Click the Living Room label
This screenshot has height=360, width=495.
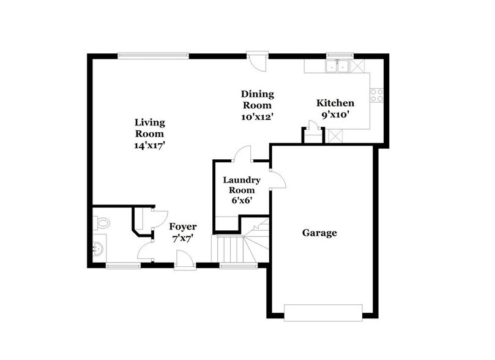click(x=150, y=128)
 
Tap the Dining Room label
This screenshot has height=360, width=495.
click(x=257, y=99)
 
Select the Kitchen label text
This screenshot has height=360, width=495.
click(x=335, y=103)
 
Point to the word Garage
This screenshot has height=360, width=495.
click(x=319, y=233)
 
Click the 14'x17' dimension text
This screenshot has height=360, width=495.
click(x=150, y=145)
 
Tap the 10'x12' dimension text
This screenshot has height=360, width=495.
click(x=257, y=116)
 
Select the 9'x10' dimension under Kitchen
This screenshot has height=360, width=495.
click(x=335, y=114)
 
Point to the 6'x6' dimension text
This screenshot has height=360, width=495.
click(x=241, y=200)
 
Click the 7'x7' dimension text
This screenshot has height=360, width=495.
click(x=183, y=239)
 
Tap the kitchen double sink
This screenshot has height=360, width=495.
click(x=337, y=66)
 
